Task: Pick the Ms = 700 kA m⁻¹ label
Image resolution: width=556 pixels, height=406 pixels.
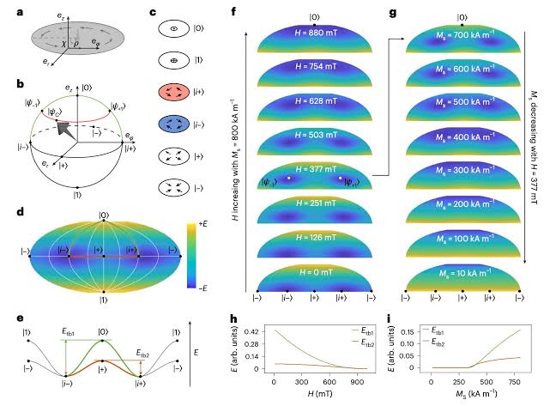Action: coord(462,39)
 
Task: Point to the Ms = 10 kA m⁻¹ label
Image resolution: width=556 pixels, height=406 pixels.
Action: coord(462,275)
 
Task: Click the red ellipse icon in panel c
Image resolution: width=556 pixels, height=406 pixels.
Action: coord(174,93)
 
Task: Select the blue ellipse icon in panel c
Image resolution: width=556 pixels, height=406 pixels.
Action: coord(174,124)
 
